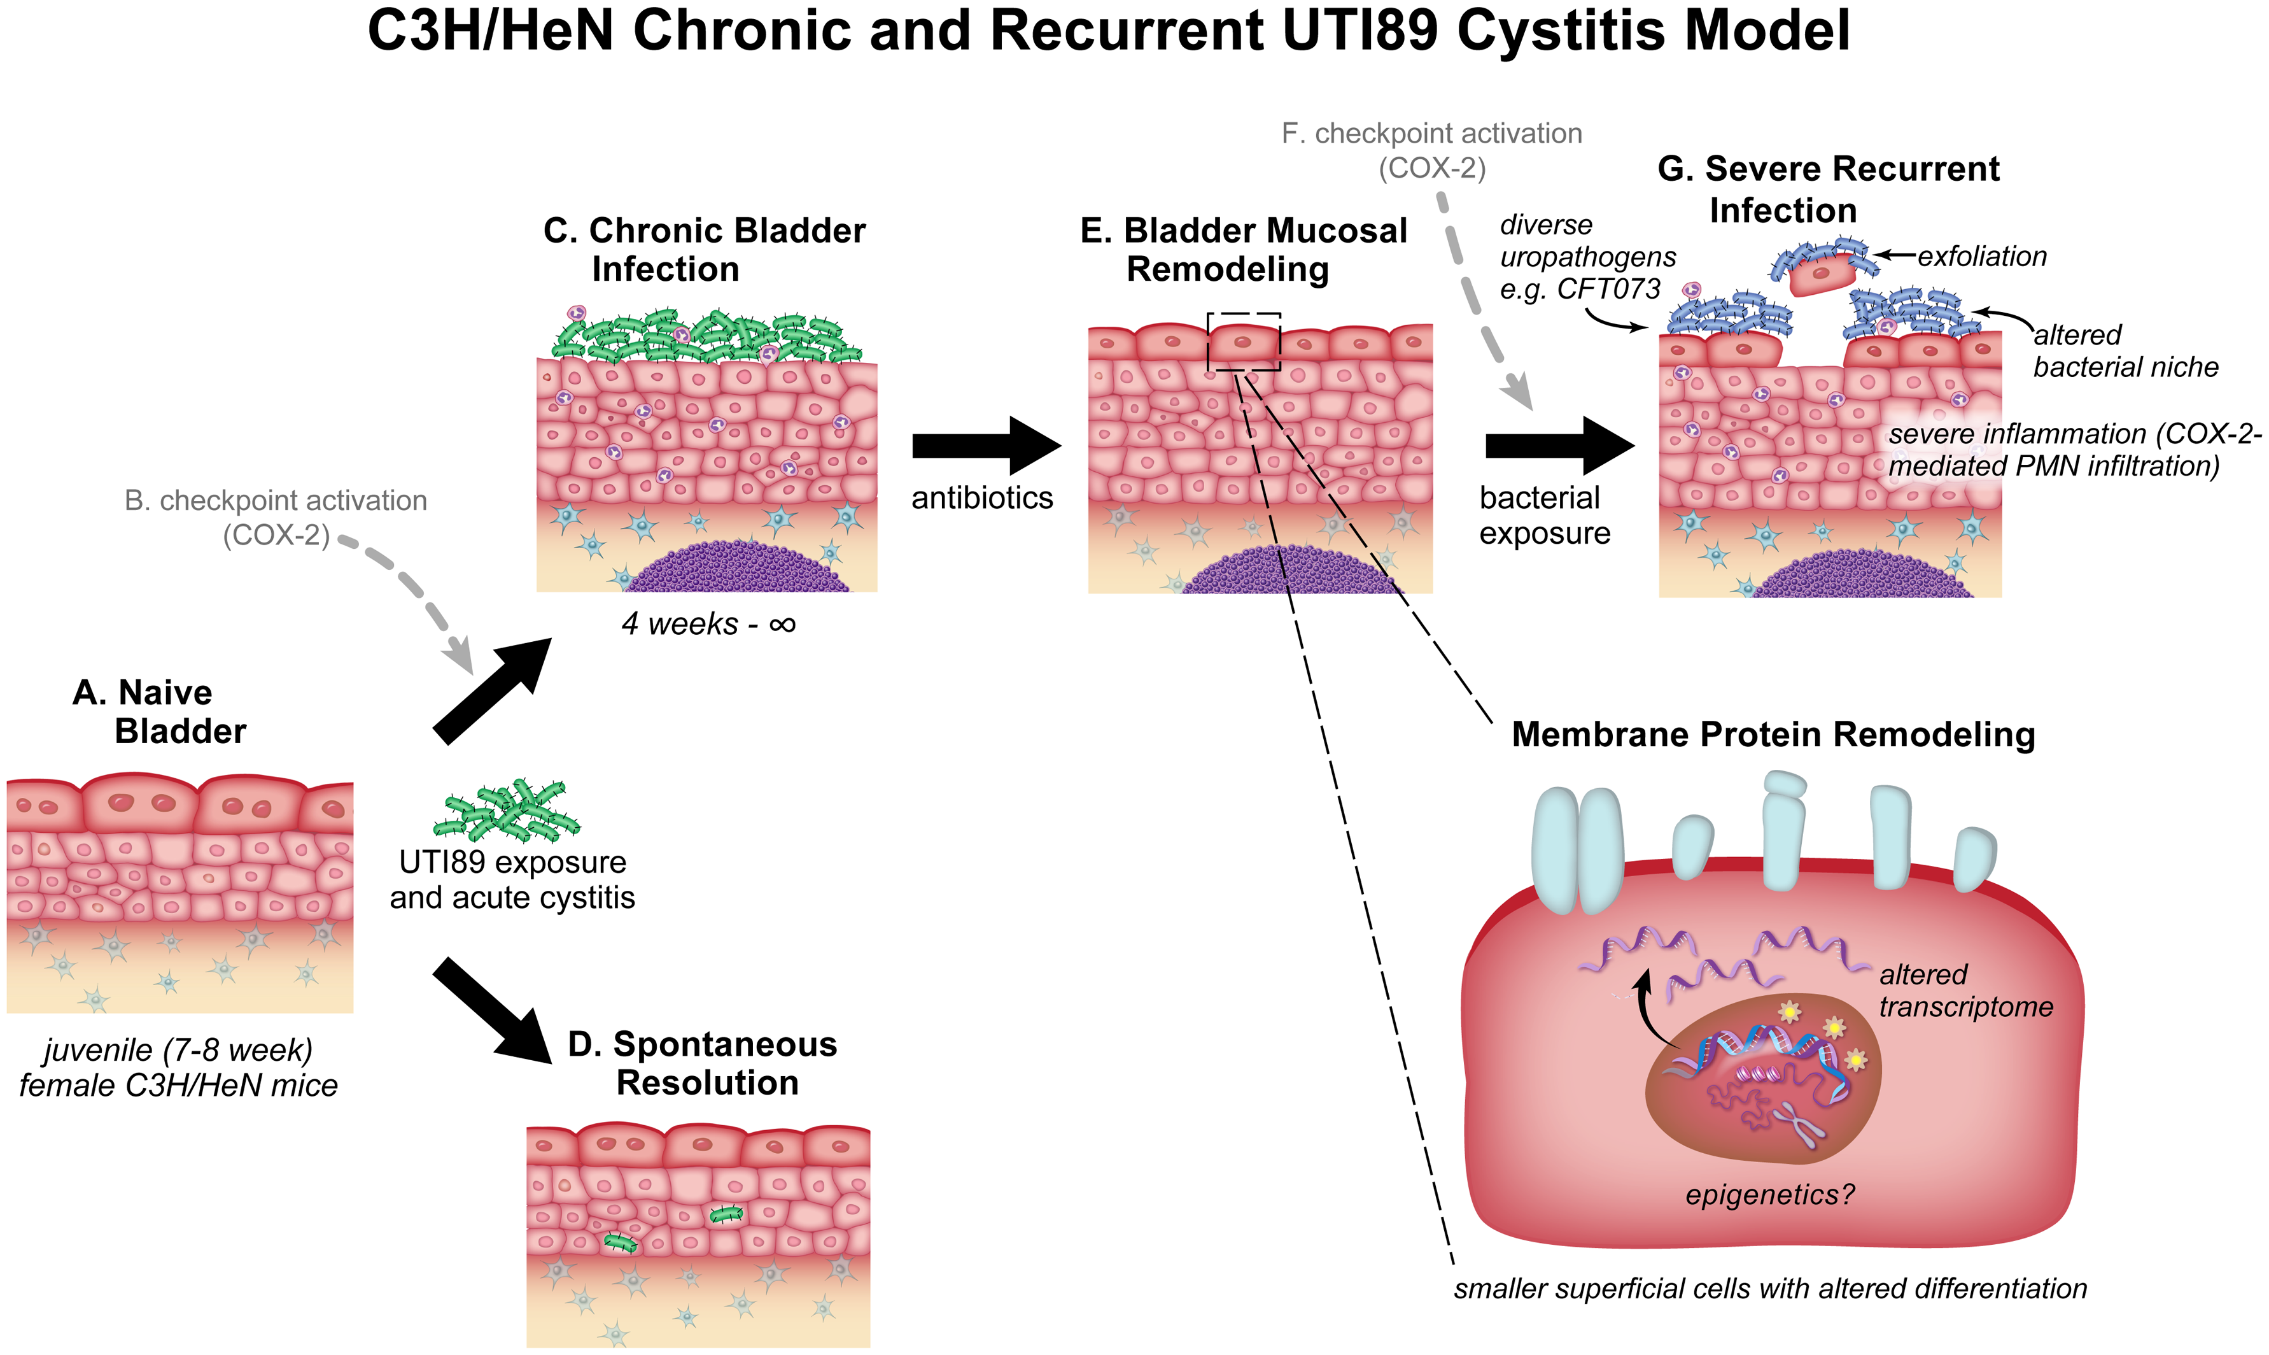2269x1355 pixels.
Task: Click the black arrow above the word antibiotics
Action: [986, 446]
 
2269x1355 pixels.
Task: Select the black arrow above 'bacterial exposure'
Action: [1559, 446]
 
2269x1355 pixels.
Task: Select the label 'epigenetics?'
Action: [1770, 1195]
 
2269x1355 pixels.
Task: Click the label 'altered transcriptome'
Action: [1965, 991]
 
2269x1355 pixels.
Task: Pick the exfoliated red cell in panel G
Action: [1823, 275]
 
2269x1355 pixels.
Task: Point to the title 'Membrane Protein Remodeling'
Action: [1773, 734]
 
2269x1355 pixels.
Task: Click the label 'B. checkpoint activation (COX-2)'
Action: [276, 517]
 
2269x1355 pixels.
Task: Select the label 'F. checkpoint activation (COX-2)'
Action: [1431, 151]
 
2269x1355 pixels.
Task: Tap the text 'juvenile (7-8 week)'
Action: [179, 1050]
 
